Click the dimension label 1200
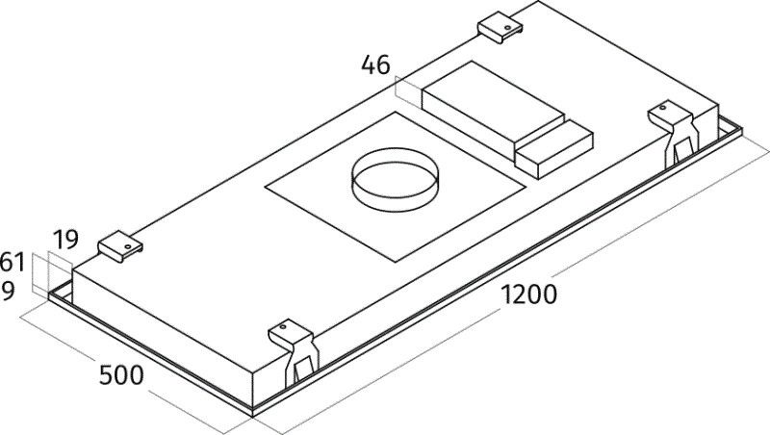coord(527,295)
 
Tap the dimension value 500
coord(121,374)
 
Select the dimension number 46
coord(376,65)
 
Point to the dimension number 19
coord(65,239)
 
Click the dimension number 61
coord(12,261)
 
